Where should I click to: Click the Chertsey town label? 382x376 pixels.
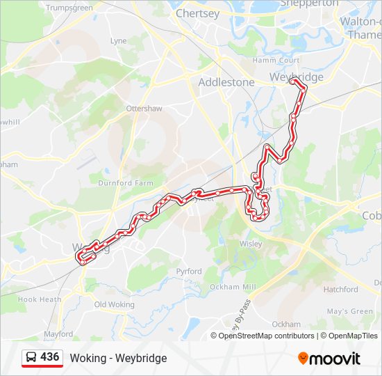click(x=198, y=13)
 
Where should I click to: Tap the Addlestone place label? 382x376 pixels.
click(x=226, y=81)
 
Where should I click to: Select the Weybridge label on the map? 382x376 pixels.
click(x=297, y=77)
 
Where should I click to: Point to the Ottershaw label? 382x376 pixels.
click(x=144, y=109)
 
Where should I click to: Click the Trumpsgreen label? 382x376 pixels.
click(x=69, y=8)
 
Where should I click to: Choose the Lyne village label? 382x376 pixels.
click(x=119, y=41)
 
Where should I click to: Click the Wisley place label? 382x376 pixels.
click(x=251, y=244)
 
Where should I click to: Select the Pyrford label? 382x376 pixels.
click(x=189, y=272)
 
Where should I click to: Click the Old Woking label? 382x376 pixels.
click(x=114, y=304)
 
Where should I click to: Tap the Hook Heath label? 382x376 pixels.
click(x=40, y=299)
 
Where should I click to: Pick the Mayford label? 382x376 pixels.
click(x=58, y=334)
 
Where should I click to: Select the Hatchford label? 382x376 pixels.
click(x=340, y=289)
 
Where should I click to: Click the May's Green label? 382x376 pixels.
click(x=350, y=311)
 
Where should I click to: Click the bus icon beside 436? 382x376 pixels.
click(x=31, y=358)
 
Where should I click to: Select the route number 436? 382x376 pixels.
click(x=49, y=357)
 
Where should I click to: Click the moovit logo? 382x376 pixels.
click(x=329, y=358)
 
